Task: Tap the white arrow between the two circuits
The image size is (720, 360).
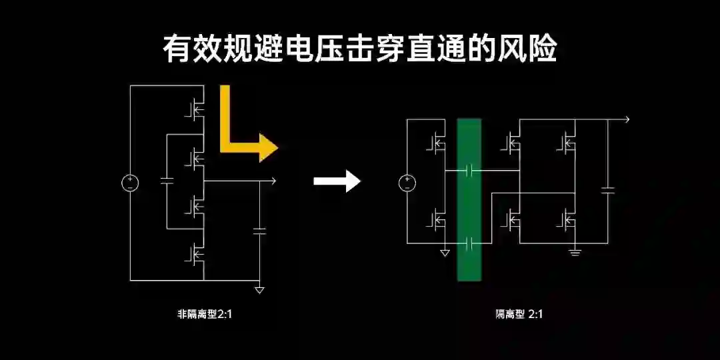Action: [x=337, y=180]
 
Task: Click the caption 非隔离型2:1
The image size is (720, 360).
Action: [x=205, y=314]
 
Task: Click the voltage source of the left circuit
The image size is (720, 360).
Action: [x=129, y=182]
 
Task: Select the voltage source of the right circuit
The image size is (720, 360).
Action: [x=407, y=182]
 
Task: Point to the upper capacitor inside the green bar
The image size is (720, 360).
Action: [x=469, y=171]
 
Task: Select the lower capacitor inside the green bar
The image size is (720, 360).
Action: [x=469, y=243]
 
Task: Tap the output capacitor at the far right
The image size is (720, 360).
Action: [x=607, y=191]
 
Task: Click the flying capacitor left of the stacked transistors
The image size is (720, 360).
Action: [x=167, y=181]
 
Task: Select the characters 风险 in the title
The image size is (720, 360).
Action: [x=530, y=51]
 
